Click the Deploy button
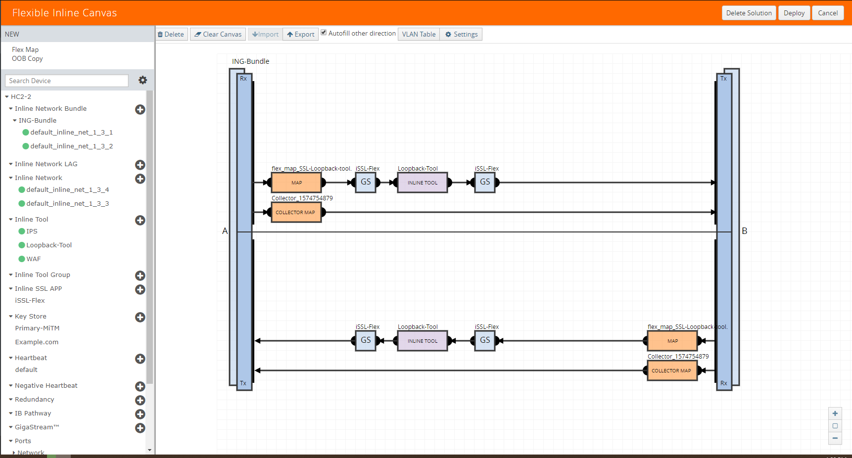tap(794, 13)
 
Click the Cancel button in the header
tap(828, 13)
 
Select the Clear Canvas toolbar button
tap(218, 34)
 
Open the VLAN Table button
tap(419, 34)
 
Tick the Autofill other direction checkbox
tap(324, 33)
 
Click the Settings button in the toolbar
tap(461, 34)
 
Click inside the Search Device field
tap(67, 81)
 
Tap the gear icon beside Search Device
tap(142, 80)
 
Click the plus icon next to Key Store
tap(140, 317)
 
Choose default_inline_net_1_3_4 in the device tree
tap(64, 189)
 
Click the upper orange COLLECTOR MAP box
tap(296, 212)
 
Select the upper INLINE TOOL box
tap(423, 183)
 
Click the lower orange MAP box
tap(672, 341)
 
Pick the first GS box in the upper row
tap(366, 182)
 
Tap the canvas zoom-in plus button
tap(835, 413)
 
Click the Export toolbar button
tap(301, 34)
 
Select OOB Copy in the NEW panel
tap(27, 58)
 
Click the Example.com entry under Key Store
tap(37, 342)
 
